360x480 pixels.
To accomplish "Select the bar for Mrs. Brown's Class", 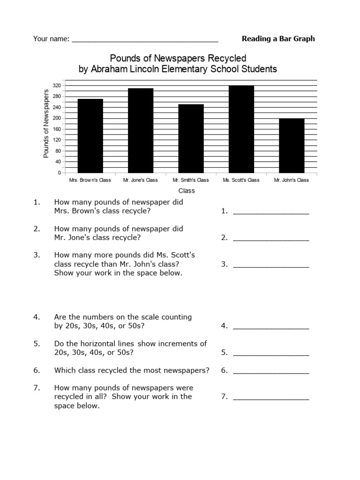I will pos(90,136).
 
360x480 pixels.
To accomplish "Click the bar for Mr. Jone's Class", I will pos(141,130).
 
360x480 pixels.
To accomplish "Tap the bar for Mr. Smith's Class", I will pos(191,138).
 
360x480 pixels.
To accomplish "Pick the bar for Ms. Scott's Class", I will pos(241,129).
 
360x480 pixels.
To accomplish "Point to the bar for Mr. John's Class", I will pos(291,146).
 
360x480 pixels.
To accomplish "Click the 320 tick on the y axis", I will pos(57,86).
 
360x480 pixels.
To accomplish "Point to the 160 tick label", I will pos(57,129).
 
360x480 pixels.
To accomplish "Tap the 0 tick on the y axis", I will pos(60,173).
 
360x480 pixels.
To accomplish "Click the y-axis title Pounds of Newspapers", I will pos(46,124).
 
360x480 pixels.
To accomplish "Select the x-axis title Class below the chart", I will pos(186,191).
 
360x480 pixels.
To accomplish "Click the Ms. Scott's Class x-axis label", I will pos(241,180).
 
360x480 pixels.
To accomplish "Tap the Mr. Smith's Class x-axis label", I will pos(191,180).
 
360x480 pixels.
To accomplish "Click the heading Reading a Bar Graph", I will pos(278,38).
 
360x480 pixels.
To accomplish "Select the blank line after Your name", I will pos(145,40).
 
